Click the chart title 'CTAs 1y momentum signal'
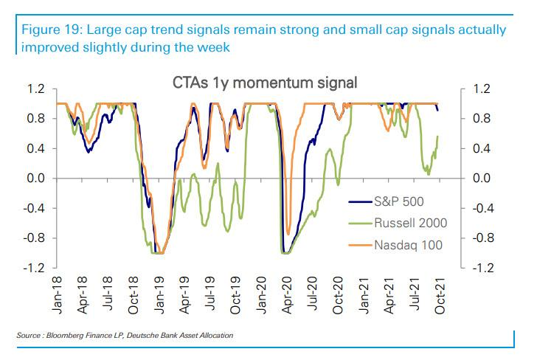coord(263,82)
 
